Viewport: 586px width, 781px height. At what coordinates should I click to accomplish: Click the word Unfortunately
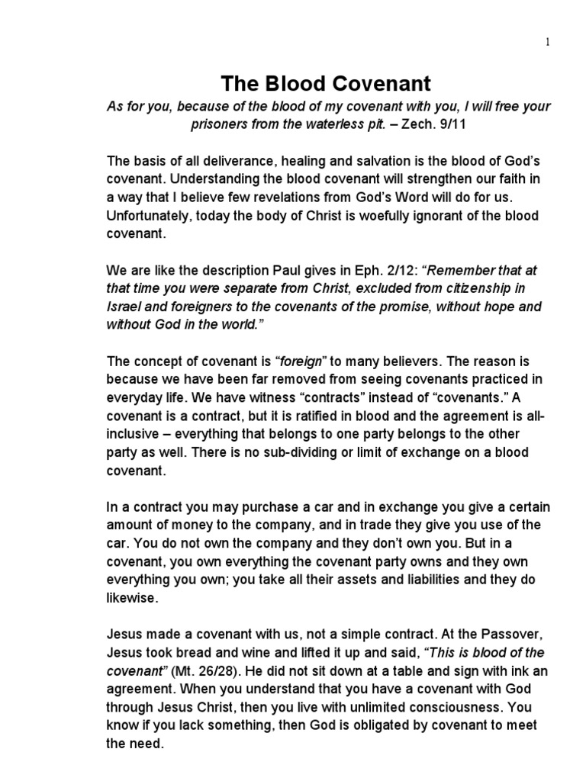pyautogui.click(x=149, y=216)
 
